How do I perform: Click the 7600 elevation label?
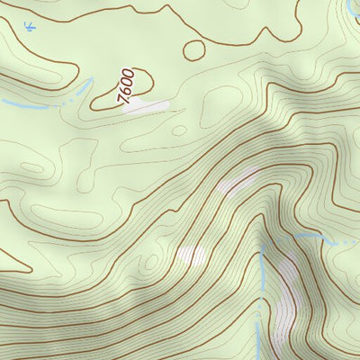[x=127, y=86]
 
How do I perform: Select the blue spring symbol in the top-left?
[x=32, y=30]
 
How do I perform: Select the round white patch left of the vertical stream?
[x=192, y=256]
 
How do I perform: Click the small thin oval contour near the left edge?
[x=32, y=166]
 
